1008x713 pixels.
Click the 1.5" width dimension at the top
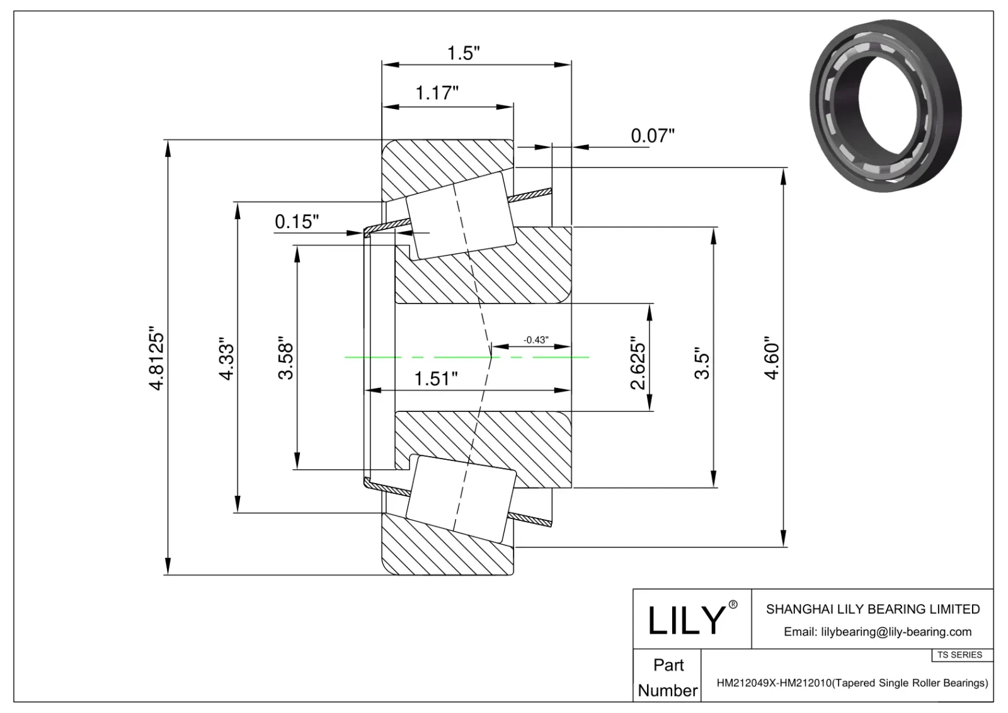coord(464,53)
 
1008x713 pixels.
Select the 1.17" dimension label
coord(437,93)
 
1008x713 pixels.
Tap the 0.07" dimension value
coord(653,136)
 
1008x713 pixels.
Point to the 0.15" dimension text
coord(297,222)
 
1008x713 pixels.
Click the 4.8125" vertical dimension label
coord(156,358)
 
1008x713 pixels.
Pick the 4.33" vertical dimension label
coord(227,362)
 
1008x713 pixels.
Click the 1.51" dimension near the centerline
coord(436,379)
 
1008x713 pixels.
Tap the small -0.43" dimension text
coord(535,340)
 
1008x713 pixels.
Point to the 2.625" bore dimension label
coord(638,366)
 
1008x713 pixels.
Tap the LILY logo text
coord(687,620)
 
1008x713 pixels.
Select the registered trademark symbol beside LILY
coord(733,605)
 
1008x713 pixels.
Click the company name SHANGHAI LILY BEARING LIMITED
coord(873,609)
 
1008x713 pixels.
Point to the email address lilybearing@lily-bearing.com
coord(877,632)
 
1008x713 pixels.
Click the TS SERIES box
coord(959,655)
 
